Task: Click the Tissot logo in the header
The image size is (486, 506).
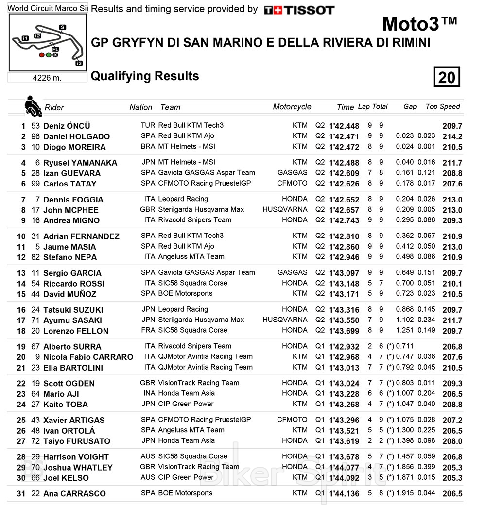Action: click(299, 10)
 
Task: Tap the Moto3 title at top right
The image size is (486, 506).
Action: click(419, 24)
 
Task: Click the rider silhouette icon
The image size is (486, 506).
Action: click(33, 105)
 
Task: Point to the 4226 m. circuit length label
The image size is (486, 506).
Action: click(47, 78)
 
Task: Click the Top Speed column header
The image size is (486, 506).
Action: click(442, 107)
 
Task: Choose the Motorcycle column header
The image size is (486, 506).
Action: click(292, 107)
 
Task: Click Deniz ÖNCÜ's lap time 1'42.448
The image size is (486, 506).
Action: click(344, 126)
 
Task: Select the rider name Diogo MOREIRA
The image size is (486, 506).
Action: click(74, 147)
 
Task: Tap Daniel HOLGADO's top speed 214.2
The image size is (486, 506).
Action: click(452, 137)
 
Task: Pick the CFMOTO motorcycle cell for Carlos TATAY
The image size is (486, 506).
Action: click(292, 184)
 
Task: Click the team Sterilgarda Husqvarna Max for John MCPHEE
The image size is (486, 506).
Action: click(201, 210)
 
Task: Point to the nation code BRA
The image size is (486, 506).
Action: click(148, 147)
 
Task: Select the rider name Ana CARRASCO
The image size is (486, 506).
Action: click(74, 494)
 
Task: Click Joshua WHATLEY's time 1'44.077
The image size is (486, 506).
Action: click(344, 468)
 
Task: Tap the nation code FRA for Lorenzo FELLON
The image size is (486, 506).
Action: click(148, 330)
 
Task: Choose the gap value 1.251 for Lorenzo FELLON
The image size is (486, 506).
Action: click(405, 331)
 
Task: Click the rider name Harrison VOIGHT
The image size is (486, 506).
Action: click(76, 457)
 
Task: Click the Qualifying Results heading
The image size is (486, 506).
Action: click(145, 76)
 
